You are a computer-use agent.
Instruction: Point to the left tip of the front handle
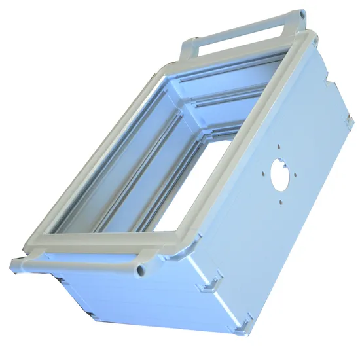pyautogui.click(x=14, y=264)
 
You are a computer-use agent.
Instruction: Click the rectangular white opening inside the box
pyautogui.click(x=196, y=187)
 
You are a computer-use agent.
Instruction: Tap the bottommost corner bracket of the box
pyautogui.click(x=243, y=322)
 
